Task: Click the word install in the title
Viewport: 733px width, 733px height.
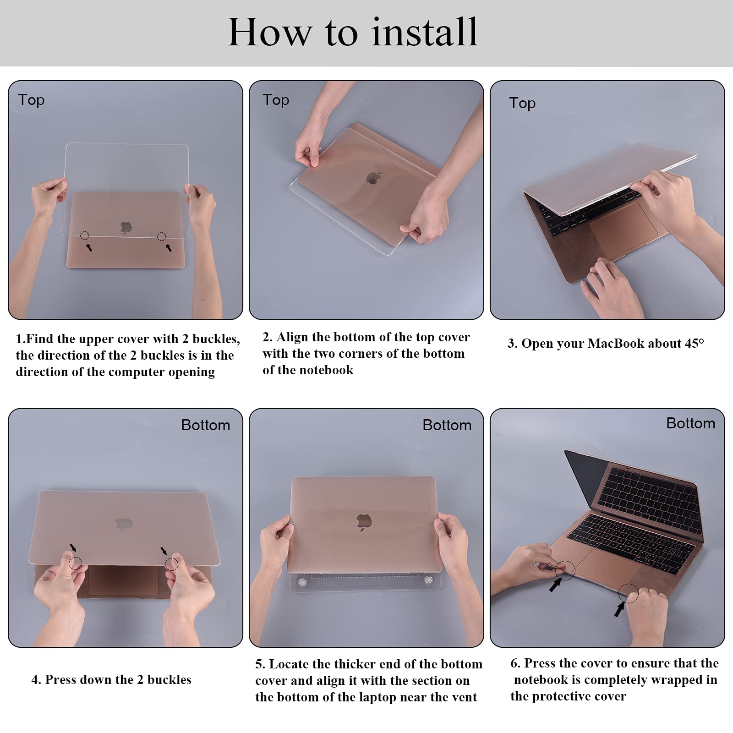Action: (x=425, y=32)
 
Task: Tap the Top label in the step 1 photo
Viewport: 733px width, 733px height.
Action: (x=31, y=100)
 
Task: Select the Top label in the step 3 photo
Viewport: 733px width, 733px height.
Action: (x=522, y=104)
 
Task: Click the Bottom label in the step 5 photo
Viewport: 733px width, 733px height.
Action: (x=447, y=425)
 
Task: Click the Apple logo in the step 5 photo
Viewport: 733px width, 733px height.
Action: (x=364, y=522)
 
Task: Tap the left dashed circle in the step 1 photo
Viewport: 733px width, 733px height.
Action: (x=84, y=236)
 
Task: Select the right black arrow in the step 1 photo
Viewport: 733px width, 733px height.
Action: (x=169, y=247)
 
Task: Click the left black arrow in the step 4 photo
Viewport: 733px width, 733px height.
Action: (x=73, y=548)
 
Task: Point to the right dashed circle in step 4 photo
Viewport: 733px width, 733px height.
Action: (x=171, y=564)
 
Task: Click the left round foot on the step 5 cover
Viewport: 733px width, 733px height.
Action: (x=302, y=582)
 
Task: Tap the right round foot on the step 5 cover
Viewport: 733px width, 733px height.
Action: (x=428, y=580)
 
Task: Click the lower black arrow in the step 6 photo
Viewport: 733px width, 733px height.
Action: (x=620, y=609)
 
